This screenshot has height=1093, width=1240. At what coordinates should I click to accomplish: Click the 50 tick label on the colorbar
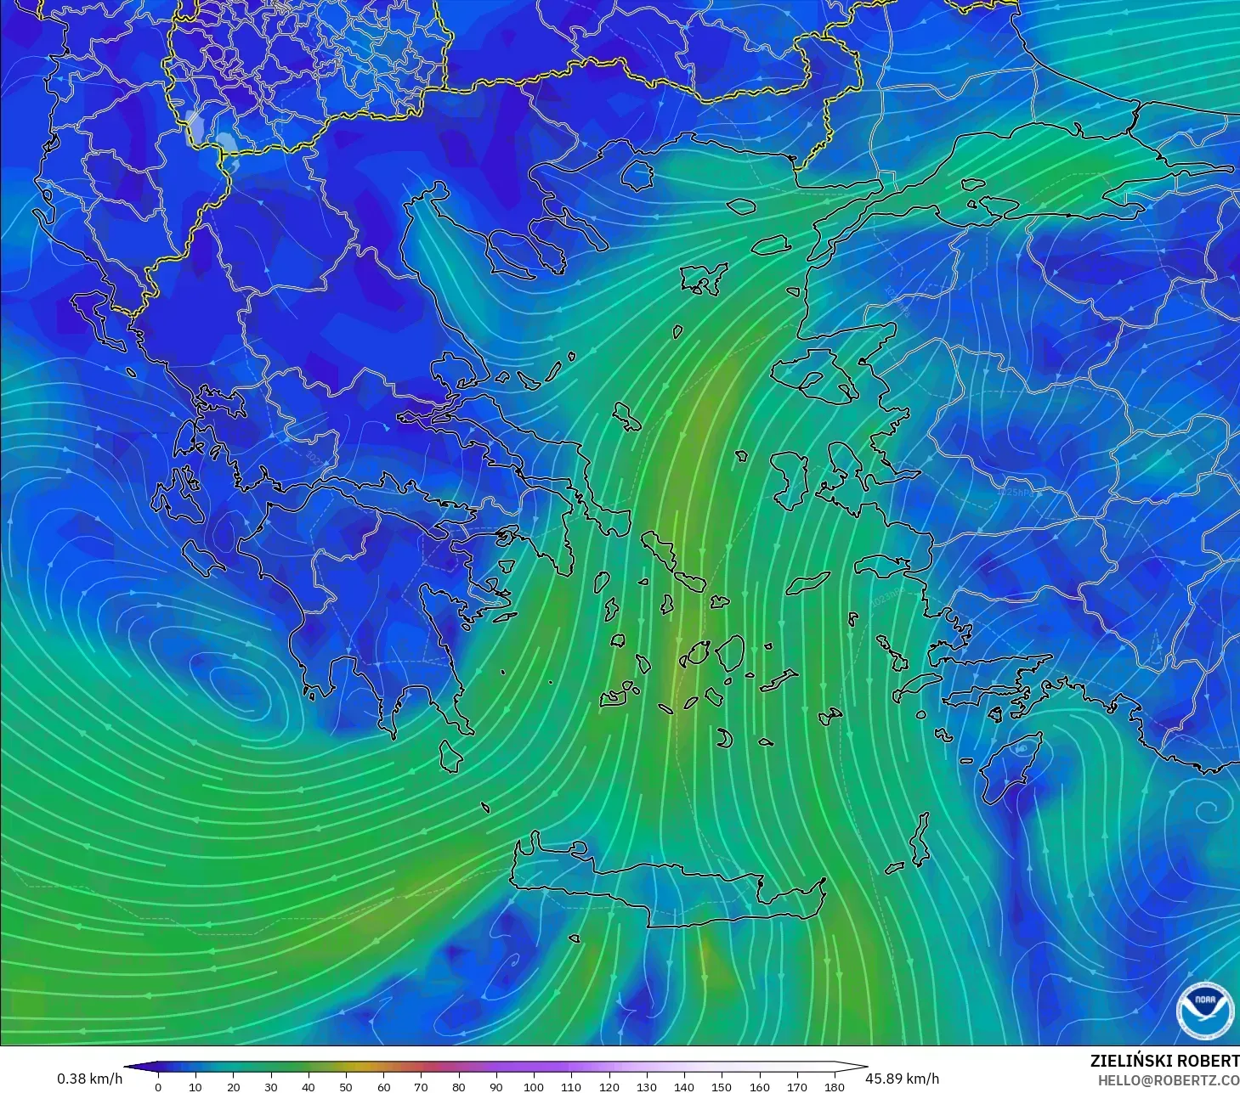click(346, 1086)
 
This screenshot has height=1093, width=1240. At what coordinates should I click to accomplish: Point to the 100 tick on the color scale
click(534, 1086)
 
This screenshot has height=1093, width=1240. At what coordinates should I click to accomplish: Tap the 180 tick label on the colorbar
click(835, 1086)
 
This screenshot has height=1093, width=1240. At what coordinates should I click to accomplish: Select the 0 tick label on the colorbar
click(158, 1086)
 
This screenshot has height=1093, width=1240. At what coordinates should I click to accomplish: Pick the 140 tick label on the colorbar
click(684, 1086)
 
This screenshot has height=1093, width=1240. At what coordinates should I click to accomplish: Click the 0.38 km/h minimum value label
click(89, 1079)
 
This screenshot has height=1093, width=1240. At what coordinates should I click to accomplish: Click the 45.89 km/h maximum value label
click(902, 1079)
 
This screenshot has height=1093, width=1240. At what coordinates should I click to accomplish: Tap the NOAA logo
click(1204, 1010)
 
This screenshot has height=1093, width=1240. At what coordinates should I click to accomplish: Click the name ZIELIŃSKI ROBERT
click(1164, 1061)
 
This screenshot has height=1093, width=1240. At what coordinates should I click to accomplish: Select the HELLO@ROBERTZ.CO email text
click(1168, 1080)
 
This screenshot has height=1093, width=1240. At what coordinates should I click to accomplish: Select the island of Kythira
click(450, 755)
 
